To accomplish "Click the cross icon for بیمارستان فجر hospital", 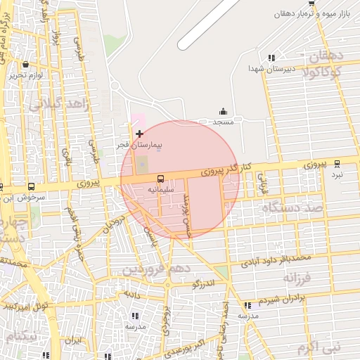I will (x=139, y=134).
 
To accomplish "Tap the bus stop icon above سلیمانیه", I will (x=160, y=179).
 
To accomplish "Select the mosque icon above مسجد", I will (x=224, y=111).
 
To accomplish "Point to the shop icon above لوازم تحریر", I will (x=25, y=64).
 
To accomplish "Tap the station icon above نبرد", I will (x=337, y=162).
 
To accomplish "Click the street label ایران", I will (x=74, y=340).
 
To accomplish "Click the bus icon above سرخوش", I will (x=31, y=187).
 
